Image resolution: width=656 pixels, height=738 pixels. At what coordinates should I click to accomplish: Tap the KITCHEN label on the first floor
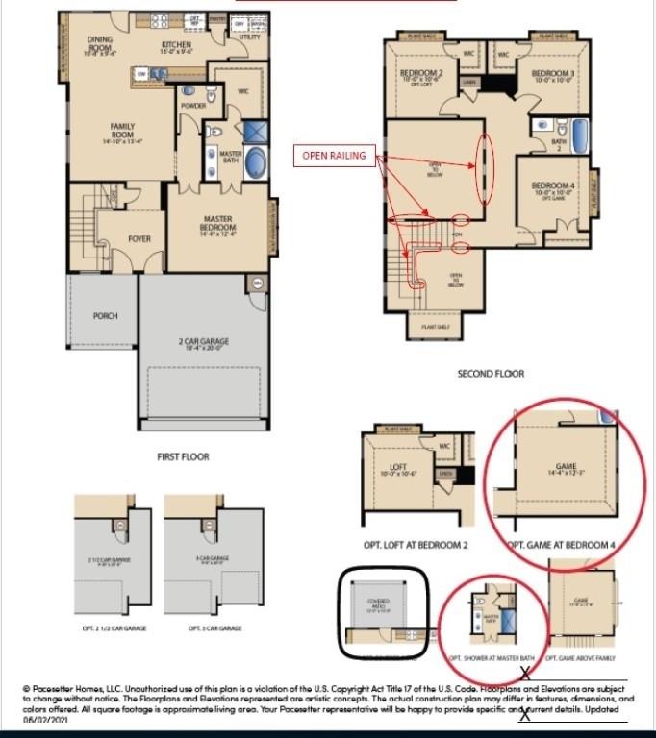click(176, 45)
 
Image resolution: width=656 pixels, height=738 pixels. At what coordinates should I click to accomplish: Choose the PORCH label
click(105, 315)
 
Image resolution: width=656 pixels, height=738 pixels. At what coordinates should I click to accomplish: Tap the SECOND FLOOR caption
click(491, 374)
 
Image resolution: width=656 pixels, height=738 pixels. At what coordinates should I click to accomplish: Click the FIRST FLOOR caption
click(183, 456)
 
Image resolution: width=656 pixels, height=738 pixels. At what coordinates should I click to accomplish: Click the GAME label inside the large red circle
click(566, 467)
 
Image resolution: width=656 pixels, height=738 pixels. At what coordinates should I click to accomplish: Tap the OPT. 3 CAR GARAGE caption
click(214, 628)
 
